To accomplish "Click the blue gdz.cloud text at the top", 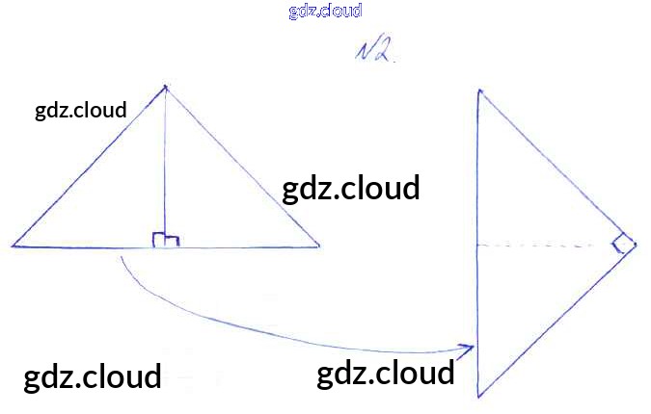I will [x=325, y=12].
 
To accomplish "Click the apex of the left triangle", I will [x=166, y=87].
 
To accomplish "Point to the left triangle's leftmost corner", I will [x=13, y=246].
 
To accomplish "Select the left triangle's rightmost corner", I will [x=319, y=246].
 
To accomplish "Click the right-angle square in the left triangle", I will [x=166, y=240].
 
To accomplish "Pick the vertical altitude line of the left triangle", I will [x=166, y=164].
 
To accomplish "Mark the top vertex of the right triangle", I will [x=478, y=90].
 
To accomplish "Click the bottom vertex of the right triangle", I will [x=478, y=396].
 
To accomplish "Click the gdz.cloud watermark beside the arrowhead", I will [x=386, y=374].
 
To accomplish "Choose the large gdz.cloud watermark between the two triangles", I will [x=351, y=188].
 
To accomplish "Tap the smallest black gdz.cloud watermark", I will [x=81, y=110].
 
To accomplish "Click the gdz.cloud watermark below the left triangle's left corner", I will [x=93, y=375].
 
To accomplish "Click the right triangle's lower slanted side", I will [x=557, y=321].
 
